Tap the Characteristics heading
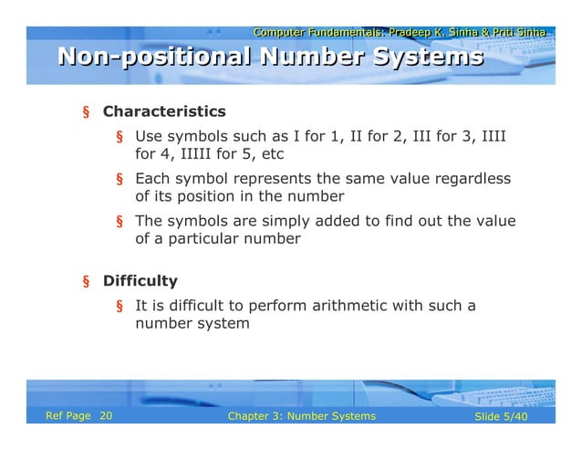click(x=164, y=112)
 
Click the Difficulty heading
click(x=140, y=281)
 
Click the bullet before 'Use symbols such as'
click(x=119, y=138)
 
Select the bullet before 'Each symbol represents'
click(x=119, y=180)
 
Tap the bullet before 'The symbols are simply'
click(x=119, y=222)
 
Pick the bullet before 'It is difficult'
click(x=119, y=307)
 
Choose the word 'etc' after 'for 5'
click(x=273, y=154)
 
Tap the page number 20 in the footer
click(x=106, y=416)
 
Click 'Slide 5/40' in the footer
click(x=502, y=416)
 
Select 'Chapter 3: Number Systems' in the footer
click(x=301, y=416)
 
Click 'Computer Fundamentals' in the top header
click(x=316, y=33)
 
